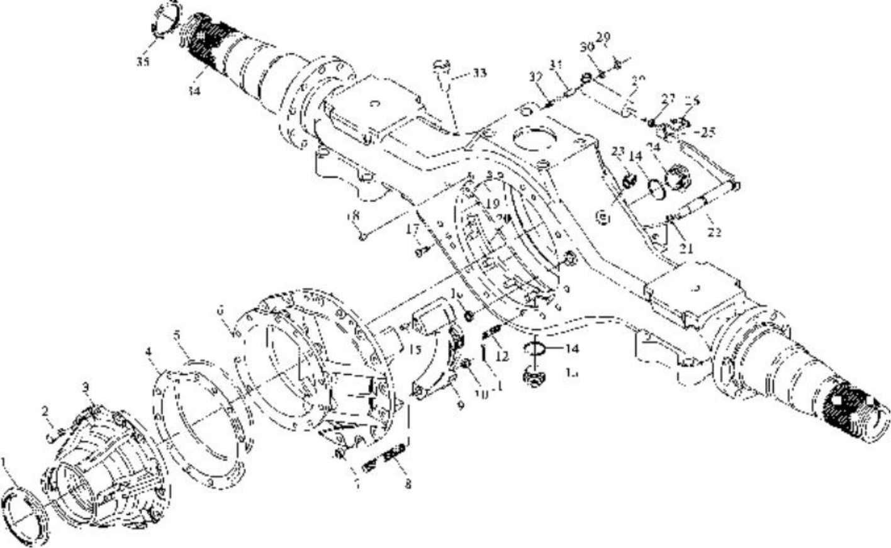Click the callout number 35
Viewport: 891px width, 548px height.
point(143,62)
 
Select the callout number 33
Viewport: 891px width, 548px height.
point(479,74)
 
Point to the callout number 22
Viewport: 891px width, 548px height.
point(714,232)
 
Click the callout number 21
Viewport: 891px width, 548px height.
point(686,249)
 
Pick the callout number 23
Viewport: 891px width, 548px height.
point(618,152)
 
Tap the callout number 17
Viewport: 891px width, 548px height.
point(413,230)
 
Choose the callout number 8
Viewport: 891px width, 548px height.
point(408,484)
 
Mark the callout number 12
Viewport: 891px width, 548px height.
point(502,356)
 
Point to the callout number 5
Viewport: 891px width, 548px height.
point(178,337)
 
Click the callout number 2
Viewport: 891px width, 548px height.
point(45,411)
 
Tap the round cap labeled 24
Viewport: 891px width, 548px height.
point(678,178)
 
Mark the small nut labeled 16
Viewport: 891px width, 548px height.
point(468,315)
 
